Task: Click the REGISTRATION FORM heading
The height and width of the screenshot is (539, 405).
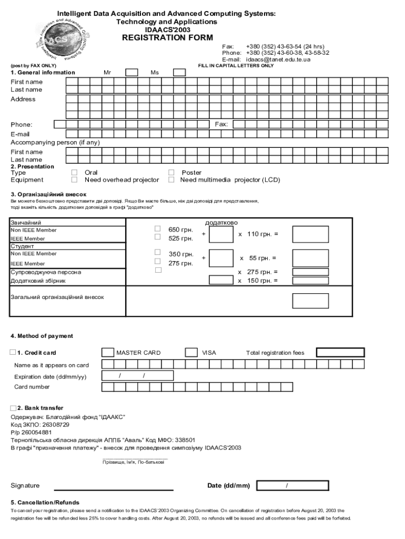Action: coord(167,38)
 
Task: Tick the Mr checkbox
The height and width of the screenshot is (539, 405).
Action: coord(131,73)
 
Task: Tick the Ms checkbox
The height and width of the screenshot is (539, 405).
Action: coord(179,73)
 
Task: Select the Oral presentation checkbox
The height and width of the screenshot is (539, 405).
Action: coord(74,173)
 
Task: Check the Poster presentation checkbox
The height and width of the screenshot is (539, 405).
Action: coord(171,173)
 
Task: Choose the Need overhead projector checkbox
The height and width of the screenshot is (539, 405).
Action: coord(74,180)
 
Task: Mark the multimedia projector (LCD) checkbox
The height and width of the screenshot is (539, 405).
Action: coord(171,180)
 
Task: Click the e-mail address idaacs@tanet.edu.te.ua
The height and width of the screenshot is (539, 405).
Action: coord(278,59)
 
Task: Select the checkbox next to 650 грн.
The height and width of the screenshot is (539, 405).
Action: coord(157,229)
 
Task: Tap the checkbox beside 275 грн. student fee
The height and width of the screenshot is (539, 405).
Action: coord(157,261)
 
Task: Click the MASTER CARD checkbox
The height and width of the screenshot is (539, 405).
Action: coord(107,353)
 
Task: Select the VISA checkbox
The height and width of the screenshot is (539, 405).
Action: coord(191,353)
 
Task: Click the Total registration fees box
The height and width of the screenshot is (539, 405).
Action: coord(340,353)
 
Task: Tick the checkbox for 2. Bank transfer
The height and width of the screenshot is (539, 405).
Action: coord(13,408)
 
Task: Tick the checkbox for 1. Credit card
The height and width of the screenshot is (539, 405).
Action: coord(13,353)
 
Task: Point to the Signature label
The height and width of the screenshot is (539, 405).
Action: coord(25,486)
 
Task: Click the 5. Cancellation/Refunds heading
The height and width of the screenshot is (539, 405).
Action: coord(45,503)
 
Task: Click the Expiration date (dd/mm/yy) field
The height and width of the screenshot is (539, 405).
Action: coord(131,376)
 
